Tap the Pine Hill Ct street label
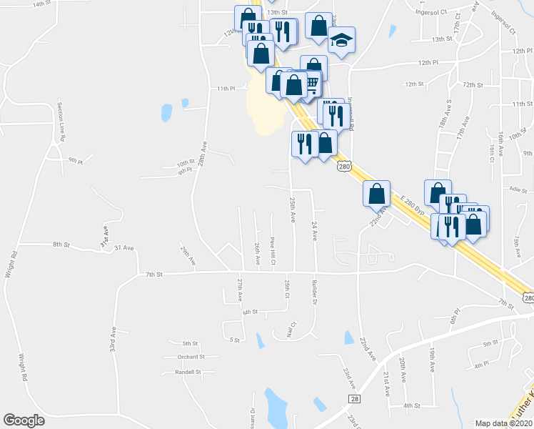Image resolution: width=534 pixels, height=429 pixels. pyautogui.click(x=273, y=251)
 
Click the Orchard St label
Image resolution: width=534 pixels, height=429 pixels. pyautogui.click(x=191, y=356)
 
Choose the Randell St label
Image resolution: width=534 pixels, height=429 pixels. pyautogui.click(x=189, y=372)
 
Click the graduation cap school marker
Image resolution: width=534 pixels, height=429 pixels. pyautogui.click(x=342, y=41)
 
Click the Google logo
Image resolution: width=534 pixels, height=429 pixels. pyautogui.click(x=24, y=420)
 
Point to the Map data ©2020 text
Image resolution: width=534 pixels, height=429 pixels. pyautogui.click(x=504, y=423)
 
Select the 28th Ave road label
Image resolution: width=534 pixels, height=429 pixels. pyautogui.click(x=203, y=154)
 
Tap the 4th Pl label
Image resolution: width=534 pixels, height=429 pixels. pyautogui.click(x=480, y=364)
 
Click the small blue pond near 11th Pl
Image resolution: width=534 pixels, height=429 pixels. pyautogui.click(x=166, y=113)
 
